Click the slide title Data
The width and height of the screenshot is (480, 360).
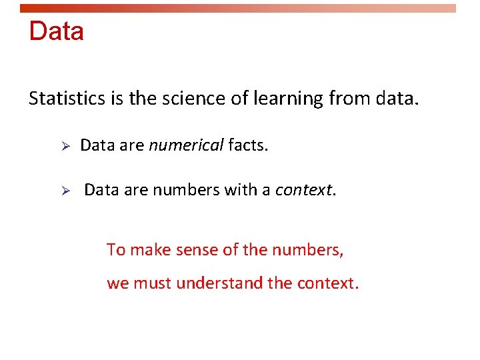coord(57,31)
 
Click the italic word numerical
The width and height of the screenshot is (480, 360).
coord(186,145)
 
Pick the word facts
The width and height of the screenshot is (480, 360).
coord(248,145)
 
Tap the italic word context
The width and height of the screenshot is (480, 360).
coord(304,191)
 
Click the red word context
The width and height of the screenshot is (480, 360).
coord(327,283)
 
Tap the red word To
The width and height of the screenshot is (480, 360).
coord(116,250)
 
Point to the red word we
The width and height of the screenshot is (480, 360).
coord(118,283)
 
